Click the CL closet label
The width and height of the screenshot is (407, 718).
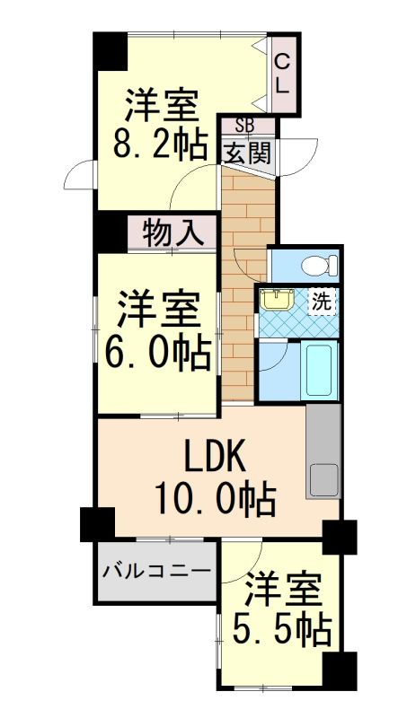click(281, 74)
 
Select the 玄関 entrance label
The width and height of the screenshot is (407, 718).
click(246, 151)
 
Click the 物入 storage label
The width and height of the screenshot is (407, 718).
click(172, 232)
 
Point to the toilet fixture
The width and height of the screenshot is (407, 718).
click(317, 266)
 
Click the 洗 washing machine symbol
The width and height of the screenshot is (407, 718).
click(320, 302)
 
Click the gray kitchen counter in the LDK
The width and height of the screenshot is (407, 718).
click(323, 451)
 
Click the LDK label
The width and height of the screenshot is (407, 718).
click(216, 458)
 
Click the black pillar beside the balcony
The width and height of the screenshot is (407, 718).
click(97, 524)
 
